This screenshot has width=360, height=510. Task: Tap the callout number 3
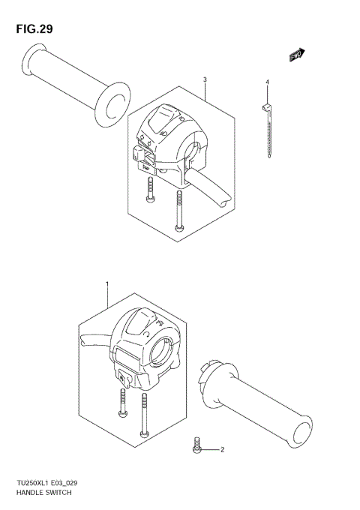point(205,80)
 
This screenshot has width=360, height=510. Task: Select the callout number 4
point(266,81)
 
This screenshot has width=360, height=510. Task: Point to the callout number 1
point(107,284)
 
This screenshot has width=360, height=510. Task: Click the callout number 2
point(222,450)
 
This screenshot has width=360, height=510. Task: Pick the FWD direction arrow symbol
point(298,54)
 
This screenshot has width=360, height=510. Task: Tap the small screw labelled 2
point(196,445)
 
